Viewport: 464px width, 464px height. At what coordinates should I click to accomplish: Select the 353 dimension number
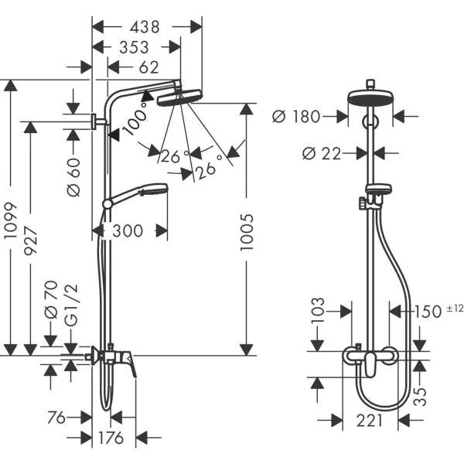pyautogui.click(x=135, y=48)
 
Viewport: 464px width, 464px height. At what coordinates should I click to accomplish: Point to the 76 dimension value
pyautogui.click(x=56, y=418)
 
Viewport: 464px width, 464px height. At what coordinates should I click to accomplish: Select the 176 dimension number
pyautogui.click(x=111, y=438)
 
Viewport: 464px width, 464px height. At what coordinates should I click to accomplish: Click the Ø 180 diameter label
pyautogui.click(x=298, y=117)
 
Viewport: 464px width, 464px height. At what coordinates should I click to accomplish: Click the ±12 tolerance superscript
pyautogui.click(x=455, y=309)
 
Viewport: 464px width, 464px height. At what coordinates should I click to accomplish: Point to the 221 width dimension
pyautogui.click(x=370, y=421)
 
